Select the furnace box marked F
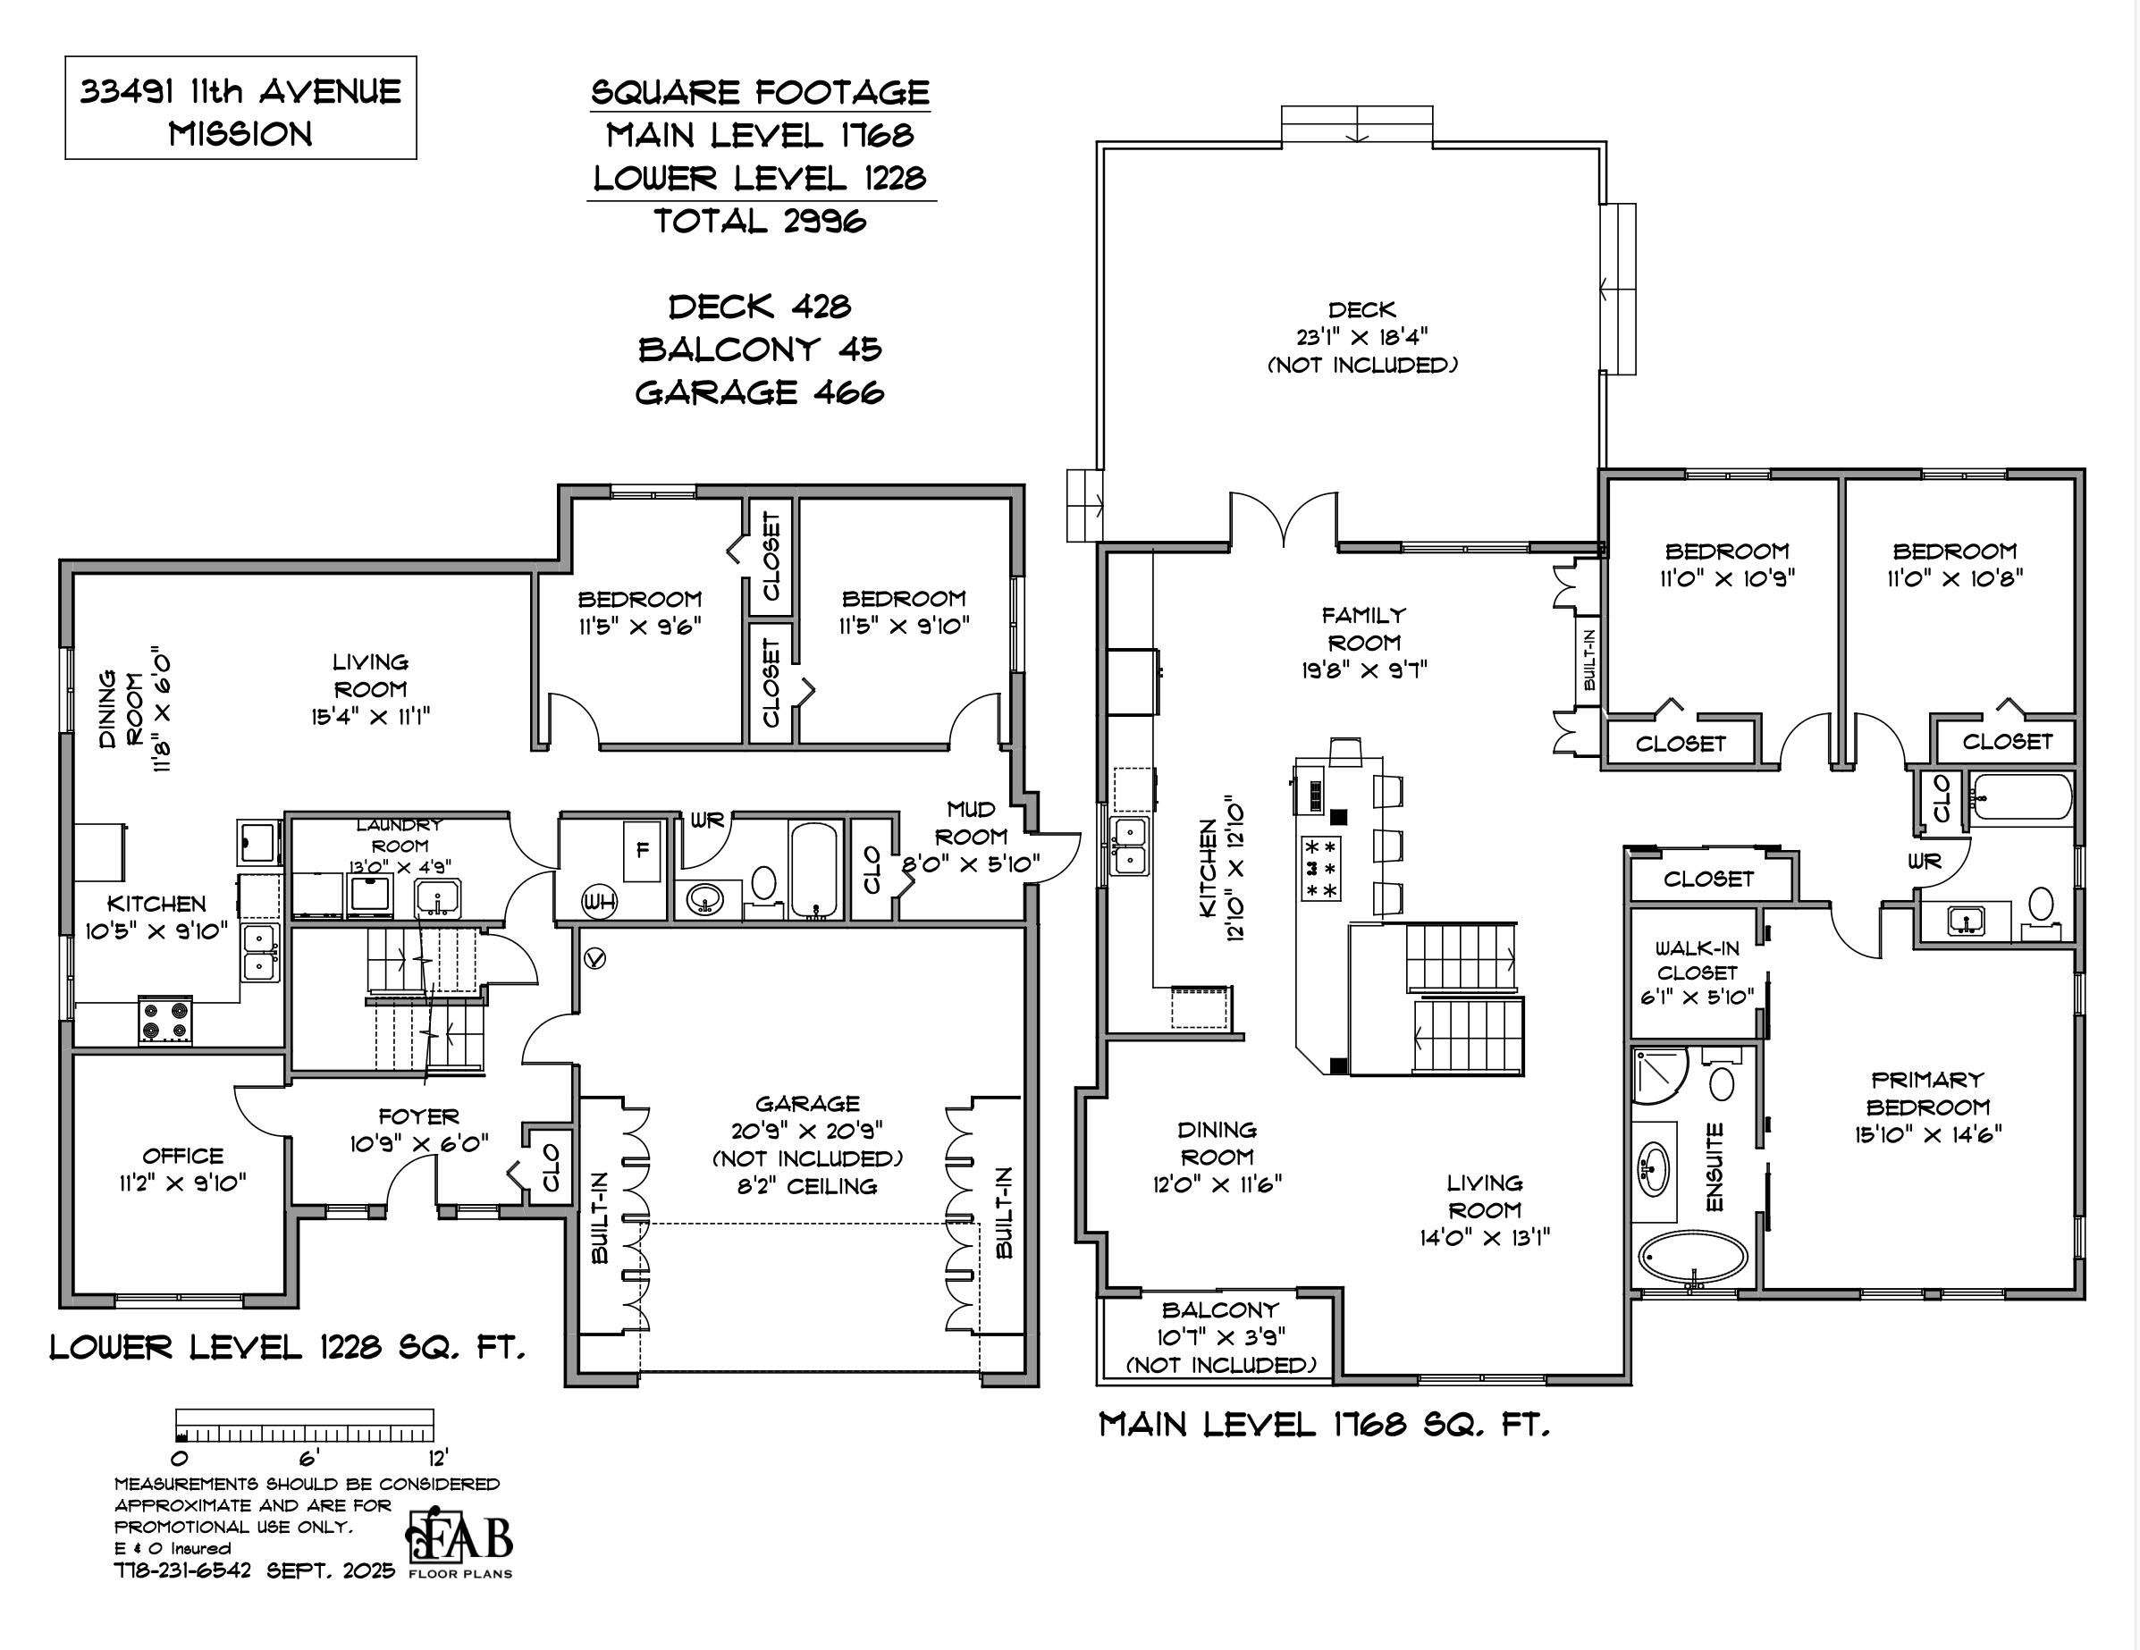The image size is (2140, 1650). (643, 851)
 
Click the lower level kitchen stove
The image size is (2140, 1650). (165, 1019)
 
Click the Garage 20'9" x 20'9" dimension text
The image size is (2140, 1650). (807, 1131)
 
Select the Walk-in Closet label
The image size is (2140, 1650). (1698, 960)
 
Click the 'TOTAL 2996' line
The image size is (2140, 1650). (761, 222)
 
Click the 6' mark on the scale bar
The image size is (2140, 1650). (309, 1457)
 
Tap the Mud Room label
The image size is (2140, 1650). (970, 823)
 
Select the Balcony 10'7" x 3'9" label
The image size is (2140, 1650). (1220, 1335)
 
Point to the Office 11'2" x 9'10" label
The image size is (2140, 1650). (182, 1169)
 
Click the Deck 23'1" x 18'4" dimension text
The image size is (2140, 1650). (1362, 337)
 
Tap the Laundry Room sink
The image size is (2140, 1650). (438, 896)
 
